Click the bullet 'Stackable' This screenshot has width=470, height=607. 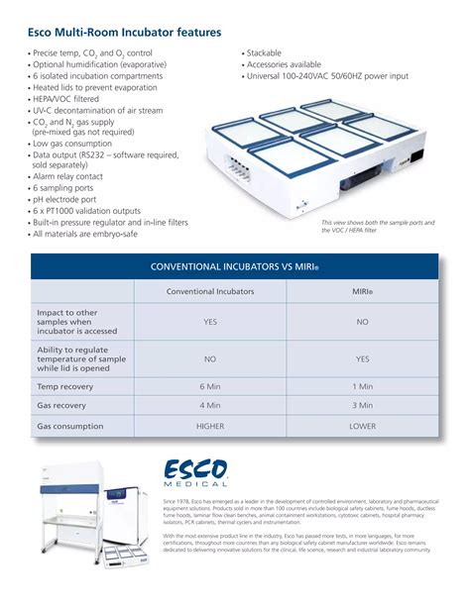[x=264, y=52]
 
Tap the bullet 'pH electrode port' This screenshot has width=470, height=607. [x=68, y=199]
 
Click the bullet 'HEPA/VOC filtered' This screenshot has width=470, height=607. [x=71, y=98]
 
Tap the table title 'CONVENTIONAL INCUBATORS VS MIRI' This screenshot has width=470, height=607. [x=234, y=267]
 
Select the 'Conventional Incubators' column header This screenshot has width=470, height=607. [x=210, y=292]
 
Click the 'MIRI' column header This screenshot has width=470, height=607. [x=363, y=292]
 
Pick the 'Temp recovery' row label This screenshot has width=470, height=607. [x=61, y=386]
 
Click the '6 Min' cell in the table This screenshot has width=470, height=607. [x=210, y=386]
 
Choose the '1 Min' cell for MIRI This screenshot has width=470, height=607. [x=363, y=386]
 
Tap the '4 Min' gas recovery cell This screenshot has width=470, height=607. [x=210, y=405]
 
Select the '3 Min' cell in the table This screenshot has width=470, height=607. [x=363, y=405]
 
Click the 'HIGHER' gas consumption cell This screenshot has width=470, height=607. [x=210, y=426]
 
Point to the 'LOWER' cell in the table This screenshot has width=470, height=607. [x=363, y=426]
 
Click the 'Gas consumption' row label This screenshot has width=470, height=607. [x=70, y=426]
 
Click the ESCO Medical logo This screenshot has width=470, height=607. [x=196, y=472]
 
